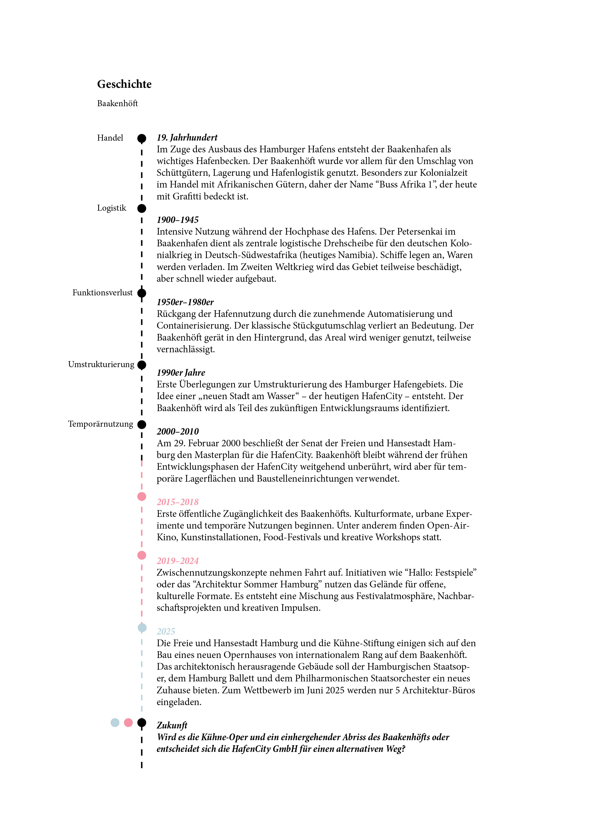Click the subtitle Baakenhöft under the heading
pos(117,103)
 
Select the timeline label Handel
pos(110,138)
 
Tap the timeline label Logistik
pos(111,208)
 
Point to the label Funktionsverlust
pos(102,292)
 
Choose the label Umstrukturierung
pos(101,364)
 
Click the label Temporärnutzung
pos(100,424)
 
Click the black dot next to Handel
pos(142,138)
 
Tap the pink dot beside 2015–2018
pos(142,496)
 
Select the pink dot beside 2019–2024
pos(142,555)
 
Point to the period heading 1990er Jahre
pos(181,372)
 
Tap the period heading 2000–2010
pos(178,431)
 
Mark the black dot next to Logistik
pos(142,208)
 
